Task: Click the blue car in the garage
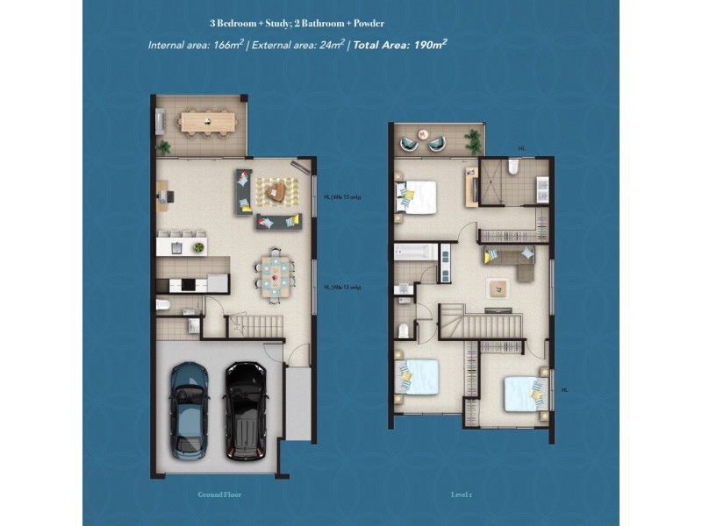pos(189,409)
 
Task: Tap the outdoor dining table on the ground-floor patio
pos(208,121)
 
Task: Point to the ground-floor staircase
pos(255,327)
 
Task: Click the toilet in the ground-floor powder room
pos(163,305)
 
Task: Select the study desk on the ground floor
pos(164,195)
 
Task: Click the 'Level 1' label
pos(462,494)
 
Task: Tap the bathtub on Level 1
pos(414,252)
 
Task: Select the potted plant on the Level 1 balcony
pos(474,139)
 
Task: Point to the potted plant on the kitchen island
pos(198,248)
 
